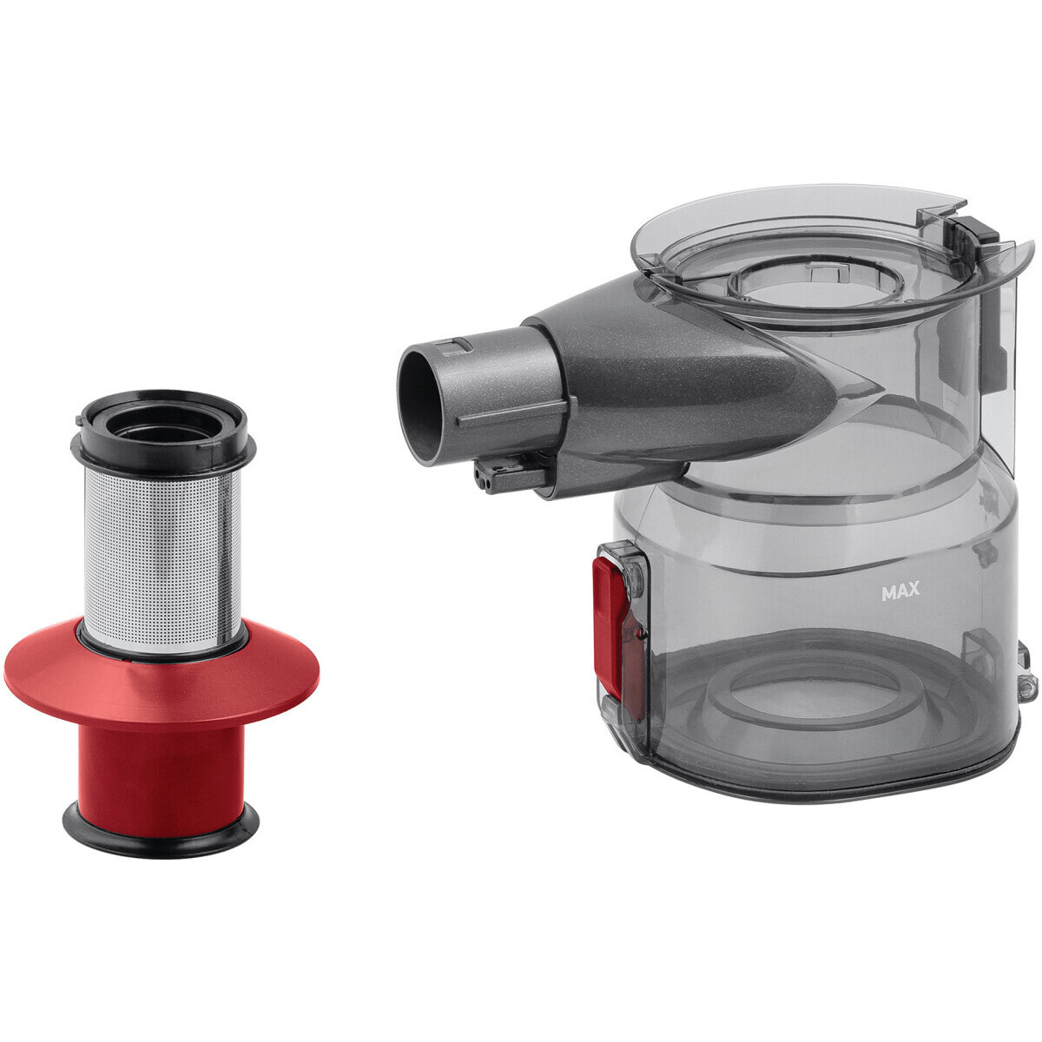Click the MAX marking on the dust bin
(x=900, y=591)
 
